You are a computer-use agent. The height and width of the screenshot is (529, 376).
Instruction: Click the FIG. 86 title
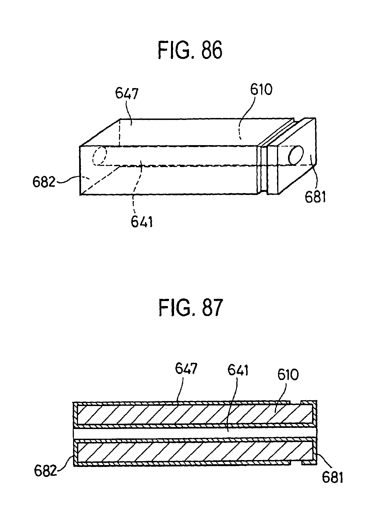click(x=190, y=50)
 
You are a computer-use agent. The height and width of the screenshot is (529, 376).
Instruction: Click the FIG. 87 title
click(x=190, y=308)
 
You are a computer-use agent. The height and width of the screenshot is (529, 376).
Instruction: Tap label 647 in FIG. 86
click(x=127, y=94)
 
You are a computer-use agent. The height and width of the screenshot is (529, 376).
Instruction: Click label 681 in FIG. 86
click(x=315, y=198)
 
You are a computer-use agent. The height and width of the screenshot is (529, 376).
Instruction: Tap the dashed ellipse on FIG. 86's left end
click(x=99, y=156)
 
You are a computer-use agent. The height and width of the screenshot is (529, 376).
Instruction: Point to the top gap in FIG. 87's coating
click(x=295, y=402)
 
